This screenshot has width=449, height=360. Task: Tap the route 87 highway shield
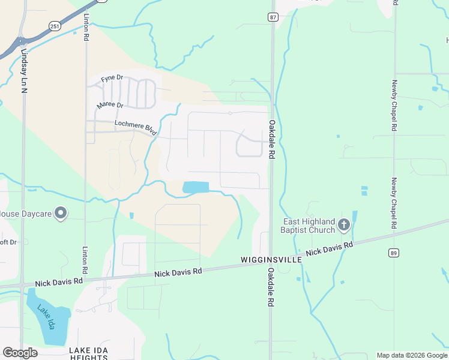274,17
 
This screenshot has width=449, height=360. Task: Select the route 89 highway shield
393,253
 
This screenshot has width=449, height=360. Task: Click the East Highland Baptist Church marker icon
343,225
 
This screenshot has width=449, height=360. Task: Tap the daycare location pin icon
61,213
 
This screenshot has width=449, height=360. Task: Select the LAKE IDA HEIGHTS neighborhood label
88,353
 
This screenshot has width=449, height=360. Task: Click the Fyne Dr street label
112,79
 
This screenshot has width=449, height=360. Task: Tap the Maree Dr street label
110,106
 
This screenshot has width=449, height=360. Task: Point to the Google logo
20,353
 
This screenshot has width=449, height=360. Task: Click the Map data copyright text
411,355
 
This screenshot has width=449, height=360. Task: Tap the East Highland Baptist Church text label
309,226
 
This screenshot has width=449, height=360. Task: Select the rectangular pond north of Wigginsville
196,187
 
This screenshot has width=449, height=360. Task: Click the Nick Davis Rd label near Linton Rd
59,282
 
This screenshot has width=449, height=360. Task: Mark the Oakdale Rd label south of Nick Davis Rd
271,288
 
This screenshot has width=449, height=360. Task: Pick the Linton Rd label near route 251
87,27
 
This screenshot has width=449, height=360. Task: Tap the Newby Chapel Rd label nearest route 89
394,204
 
